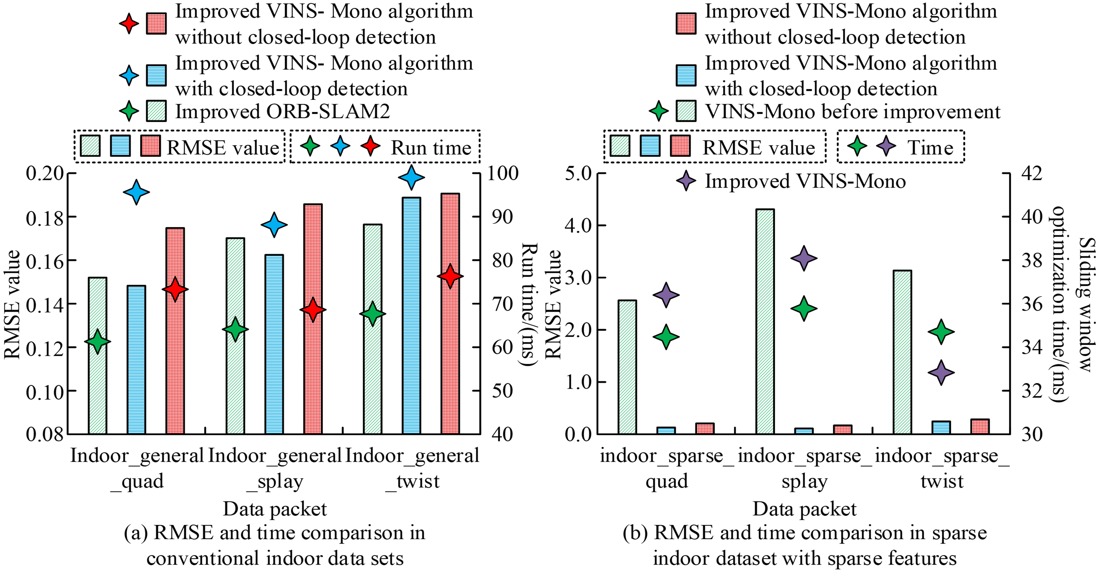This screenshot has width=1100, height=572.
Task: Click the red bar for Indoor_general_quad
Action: coord(175,331)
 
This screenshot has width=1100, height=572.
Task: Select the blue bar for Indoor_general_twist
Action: coord(411,316)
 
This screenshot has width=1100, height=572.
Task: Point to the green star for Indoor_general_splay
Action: coord(235,329)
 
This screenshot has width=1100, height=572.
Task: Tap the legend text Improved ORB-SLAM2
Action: coord(283,112)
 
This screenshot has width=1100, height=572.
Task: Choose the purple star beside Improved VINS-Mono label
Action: coord(686,181)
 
